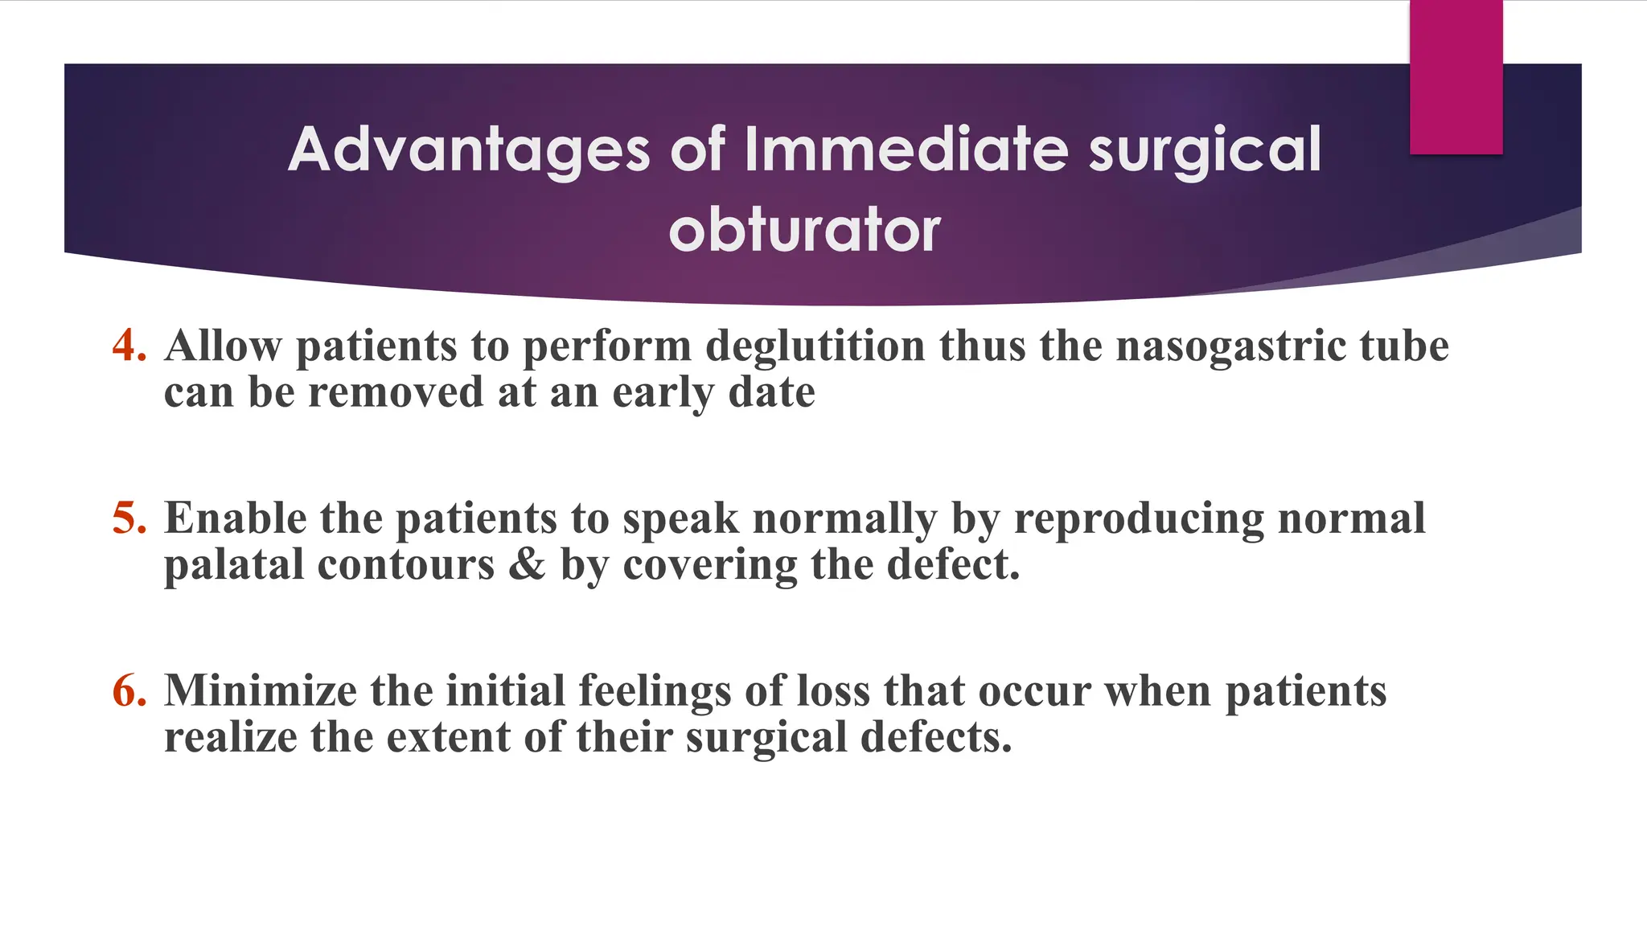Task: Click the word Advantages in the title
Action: click(x=469, y=150)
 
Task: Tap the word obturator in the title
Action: click(x=804, y=231)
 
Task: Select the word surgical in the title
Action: click(x=1205, y=150)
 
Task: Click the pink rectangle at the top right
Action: click(x=1456, y=77)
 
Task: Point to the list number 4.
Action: click(x=129, y=346)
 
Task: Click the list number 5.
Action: click(x=129, y=518)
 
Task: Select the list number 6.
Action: click(x=129, y=691)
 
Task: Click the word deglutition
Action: click(x=815, y=346)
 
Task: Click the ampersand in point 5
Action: click(x=527, y=564)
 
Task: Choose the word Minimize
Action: click(x=260, y=691)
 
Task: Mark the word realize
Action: click(x=230, y=737)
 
